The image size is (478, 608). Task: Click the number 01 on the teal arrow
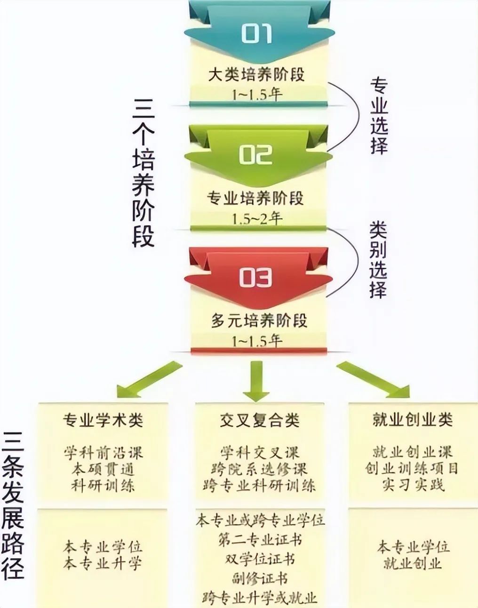256,33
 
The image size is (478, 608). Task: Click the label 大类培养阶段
256,75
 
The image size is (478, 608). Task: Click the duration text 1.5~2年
257,219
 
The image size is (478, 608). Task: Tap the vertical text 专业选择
379,116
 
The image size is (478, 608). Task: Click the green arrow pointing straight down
256,381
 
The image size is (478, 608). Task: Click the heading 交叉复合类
260,420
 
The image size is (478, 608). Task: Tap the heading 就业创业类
413,419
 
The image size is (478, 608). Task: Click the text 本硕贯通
103,469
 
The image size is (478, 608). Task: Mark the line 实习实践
413,485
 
